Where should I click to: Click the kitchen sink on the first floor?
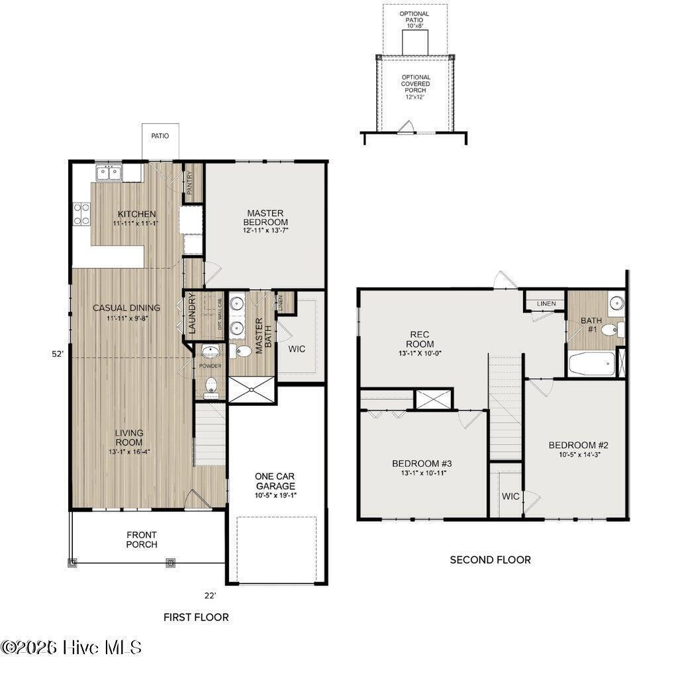point(109,173)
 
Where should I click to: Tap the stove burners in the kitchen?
point(81,214)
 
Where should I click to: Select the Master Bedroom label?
point(265,217)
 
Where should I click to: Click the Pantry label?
point(190,181)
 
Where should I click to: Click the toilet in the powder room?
point(211,385)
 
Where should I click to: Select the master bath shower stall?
point(251,389)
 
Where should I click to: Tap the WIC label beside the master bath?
point(297,349)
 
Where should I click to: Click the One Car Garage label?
point(275,481)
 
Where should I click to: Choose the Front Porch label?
point(142,540)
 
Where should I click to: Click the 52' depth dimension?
point(58,354)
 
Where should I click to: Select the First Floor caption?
point(196,617)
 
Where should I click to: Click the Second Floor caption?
point(490,559)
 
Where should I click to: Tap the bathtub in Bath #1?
point(591,363)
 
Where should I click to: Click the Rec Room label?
point(421,340)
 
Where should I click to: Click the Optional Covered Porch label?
point(415,83)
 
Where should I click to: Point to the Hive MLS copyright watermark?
point(72,647)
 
